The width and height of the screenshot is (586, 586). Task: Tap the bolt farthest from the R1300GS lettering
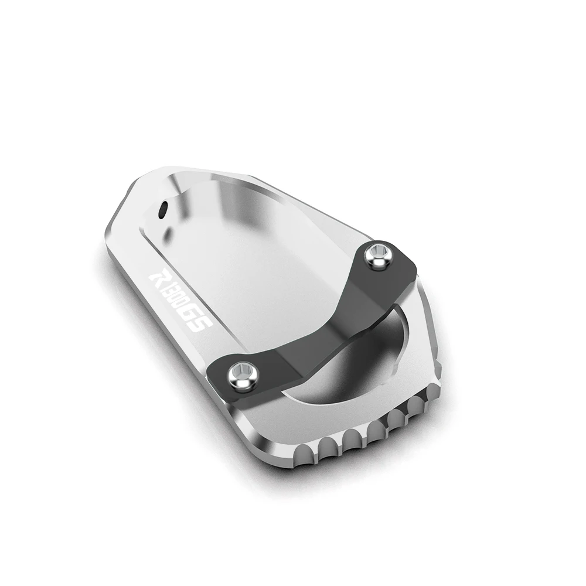point(377,255)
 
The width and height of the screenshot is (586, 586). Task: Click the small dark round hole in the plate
point(162,210)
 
